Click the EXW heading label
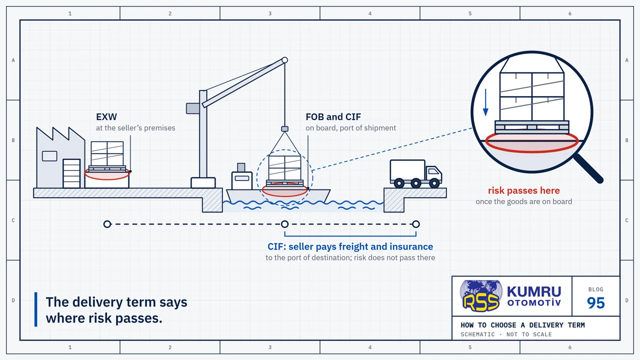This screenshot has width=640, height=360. [106, 117]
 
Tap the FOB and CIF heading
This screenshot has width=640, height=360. [333, 117]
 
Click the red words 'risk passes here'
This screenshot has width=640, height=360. [523, 190]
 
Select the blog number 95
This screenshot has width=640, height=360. [595, 303]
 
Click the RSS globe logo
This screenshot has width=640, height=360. [481, 295]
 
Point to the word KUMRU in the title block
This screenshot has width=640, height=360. [534, 292]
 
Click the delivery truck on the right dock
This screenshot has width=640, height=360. [415, 173]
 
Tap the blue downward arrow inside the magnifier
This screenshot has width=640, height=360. [485, 102]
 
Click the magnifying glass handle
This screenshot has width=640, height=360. [588, 168]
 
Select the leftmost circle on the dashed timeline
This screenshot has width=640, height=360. [107, 224]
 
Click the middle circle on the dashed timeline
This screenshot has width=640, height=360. [284, 224]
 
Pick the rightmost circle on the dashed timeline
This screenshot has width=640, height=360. [416, 224]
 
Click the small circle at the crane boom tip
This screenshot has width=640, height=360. [284, 60]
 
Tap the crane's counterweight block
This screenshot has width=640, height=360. [193, 108]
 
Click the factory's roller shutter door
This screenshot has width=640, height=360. [71, 173]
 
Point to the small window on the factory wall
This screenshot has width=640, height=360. [49, 156]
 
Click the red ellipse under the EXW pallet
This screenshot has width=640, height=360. [107, 173]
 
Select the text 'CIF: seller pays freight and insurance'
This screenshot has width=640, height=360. [350, 246]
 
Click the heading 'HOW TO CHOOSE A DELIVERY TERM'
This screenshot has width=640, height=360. [522, 325]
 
